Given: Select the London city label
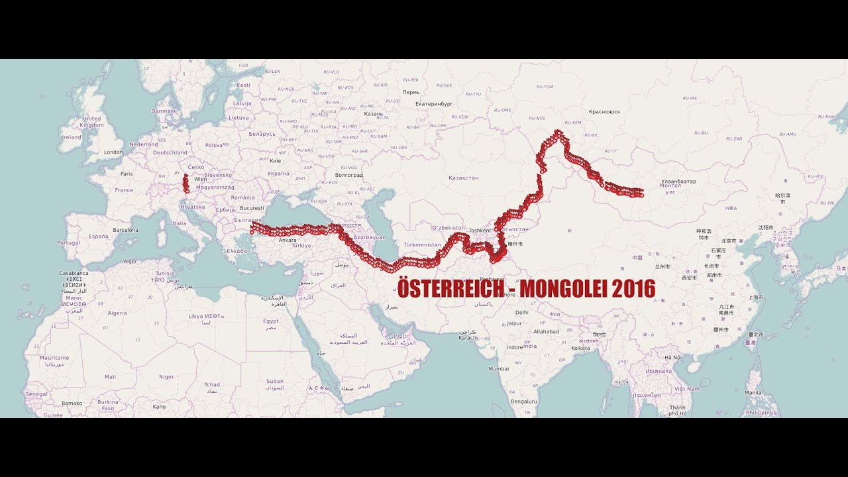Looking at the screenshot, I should tap(113, 152).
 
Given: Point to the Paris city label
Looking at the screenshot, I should tap(127, 174).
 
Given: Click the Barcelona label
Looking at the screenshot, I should tap(125, 230).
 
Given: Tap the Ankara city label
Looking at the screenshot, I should tap(288, 240).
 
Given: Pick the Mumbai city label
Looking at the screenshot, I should tap(499, 368).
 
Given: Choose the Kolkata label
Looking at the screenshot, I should tap(580, 348).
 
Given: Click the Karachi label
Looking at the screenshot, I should tap(468, 338).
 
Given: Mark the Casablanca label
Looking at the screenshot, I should tap(73, 273).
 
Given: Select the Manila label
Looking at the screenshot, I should tap(753, 392).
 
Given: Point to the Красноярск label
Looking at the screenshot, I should tap(604, 112).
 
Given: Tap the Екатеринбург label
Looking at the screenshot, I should tap(434, 104).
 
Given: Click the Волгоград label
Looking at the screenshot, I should tap(349, 176).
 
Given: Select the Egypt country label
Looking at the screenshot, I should tap(271, 321).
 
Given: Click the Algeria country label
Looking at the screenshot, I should tap(117, 313).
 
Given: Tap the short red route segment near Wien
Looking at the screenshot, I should tap(186, 184).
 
